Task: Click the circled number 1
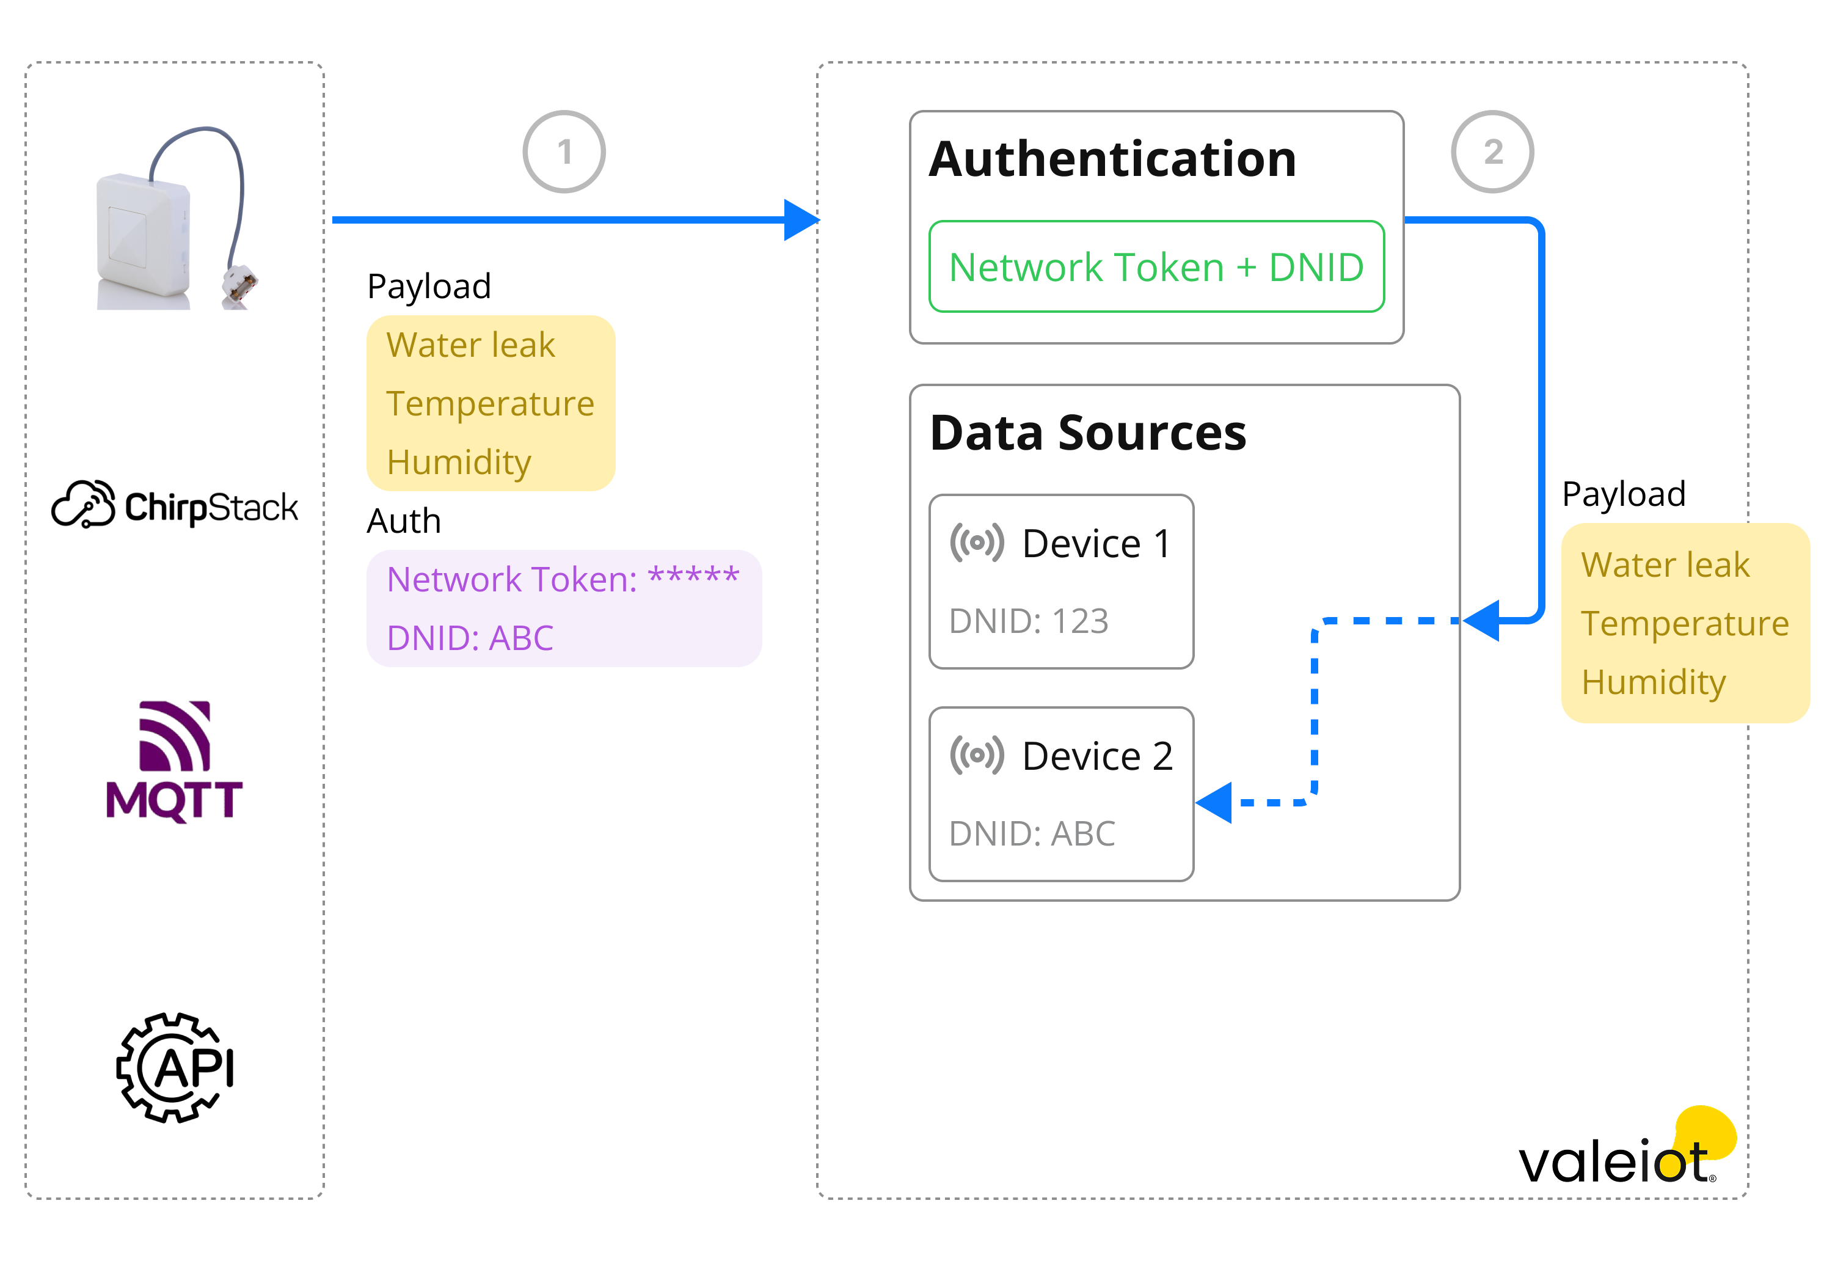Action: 564,152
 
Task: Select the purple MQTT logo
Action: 175,762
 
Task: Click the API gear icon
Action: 175,1067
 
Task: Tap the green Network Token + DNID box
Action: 1156,267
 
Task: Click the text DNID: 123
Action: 1029,621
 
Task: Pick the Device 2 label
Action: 1096,756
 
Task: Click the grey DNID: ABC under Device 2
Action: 1032,833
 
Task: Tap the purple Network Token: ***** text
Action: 563,579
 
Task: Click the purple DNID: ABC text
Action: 470,638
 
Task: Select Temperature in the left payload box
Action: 490,404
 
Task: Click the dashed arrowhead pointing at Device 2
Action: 1215,803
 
